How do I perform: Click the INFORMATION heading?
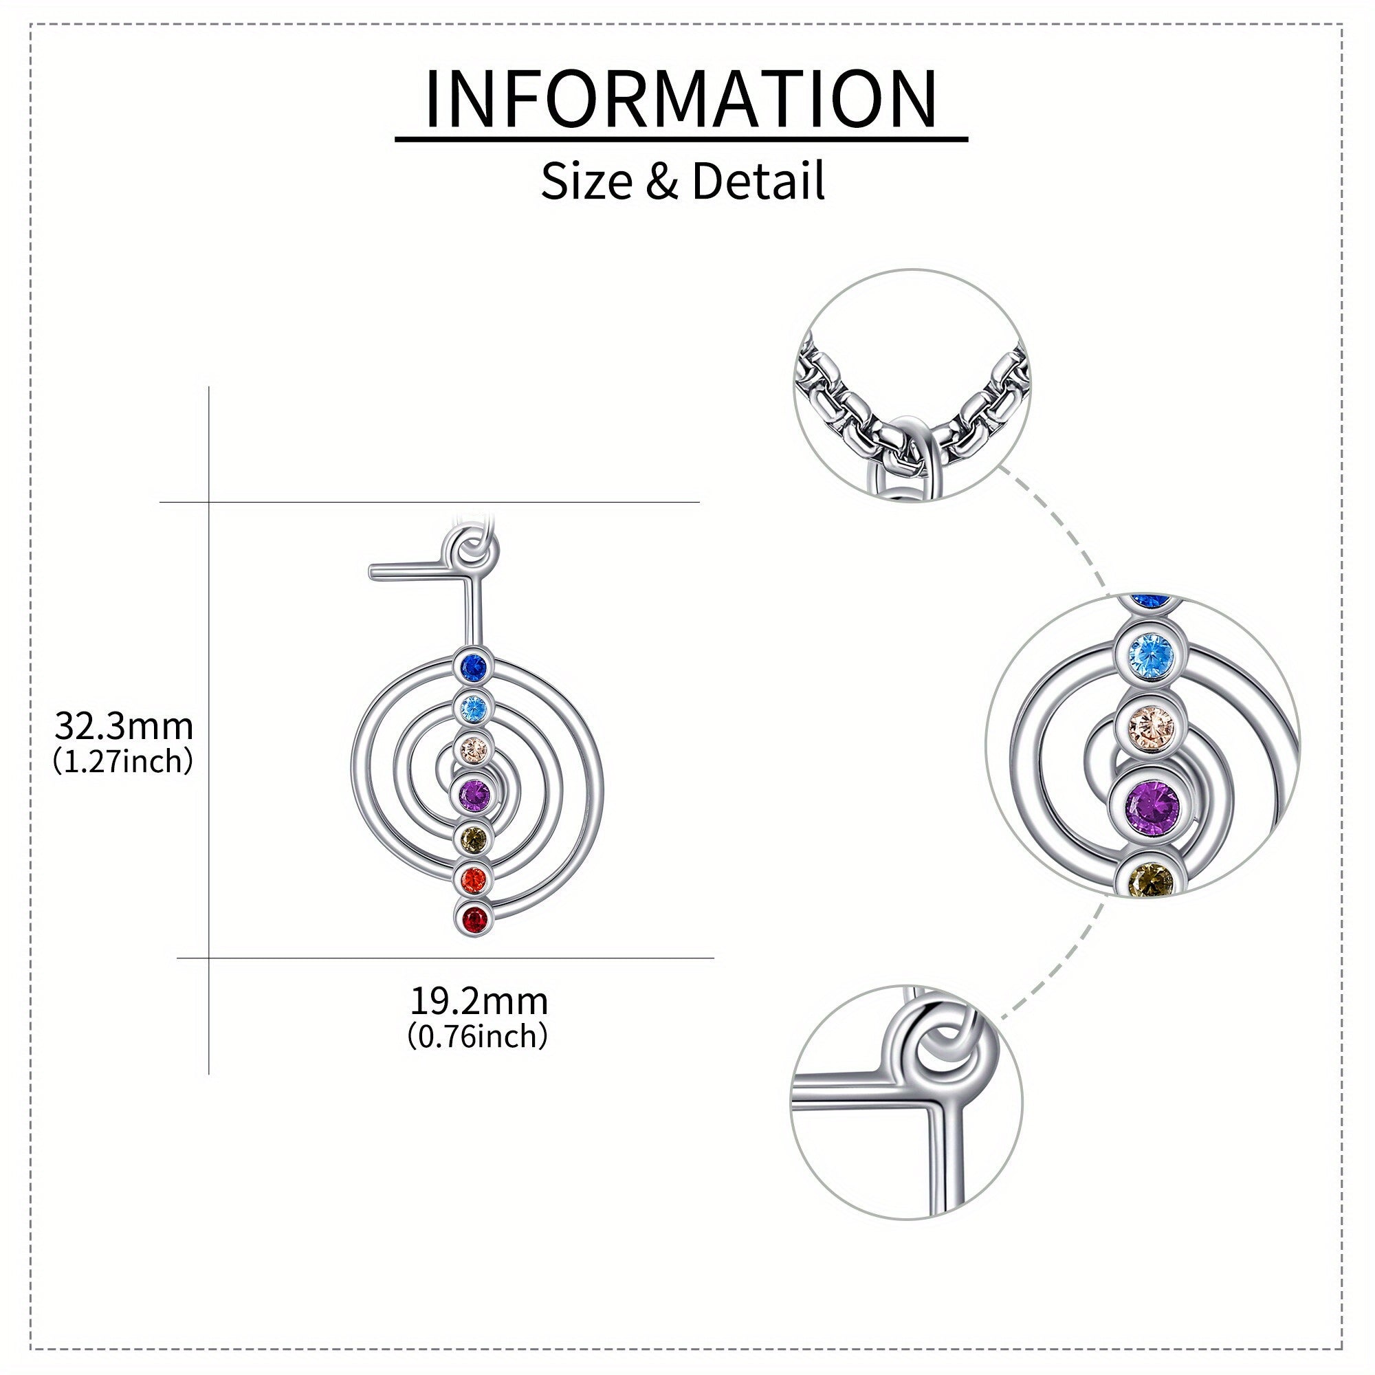(x=681, y=99)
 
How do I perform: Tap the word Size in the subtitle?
(x=586, y=181)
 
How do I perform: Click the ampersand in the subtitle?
(x=661, y=182)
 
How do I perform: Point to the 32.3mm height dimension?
(x=124, y=727)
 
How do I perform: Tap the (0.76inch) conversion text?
(x=478, y=1036)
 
